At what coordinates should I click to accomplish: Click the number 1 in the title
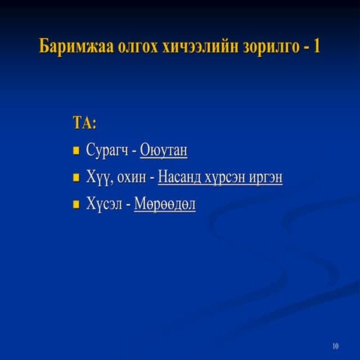coord(317,46)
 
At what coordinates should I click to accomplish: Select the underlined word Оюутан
coord(163,151)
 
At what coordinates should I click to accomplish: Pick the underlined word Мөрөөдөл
coord(165,204)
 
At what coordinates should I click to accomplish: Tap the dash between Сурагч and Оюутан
coord(134,151)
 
